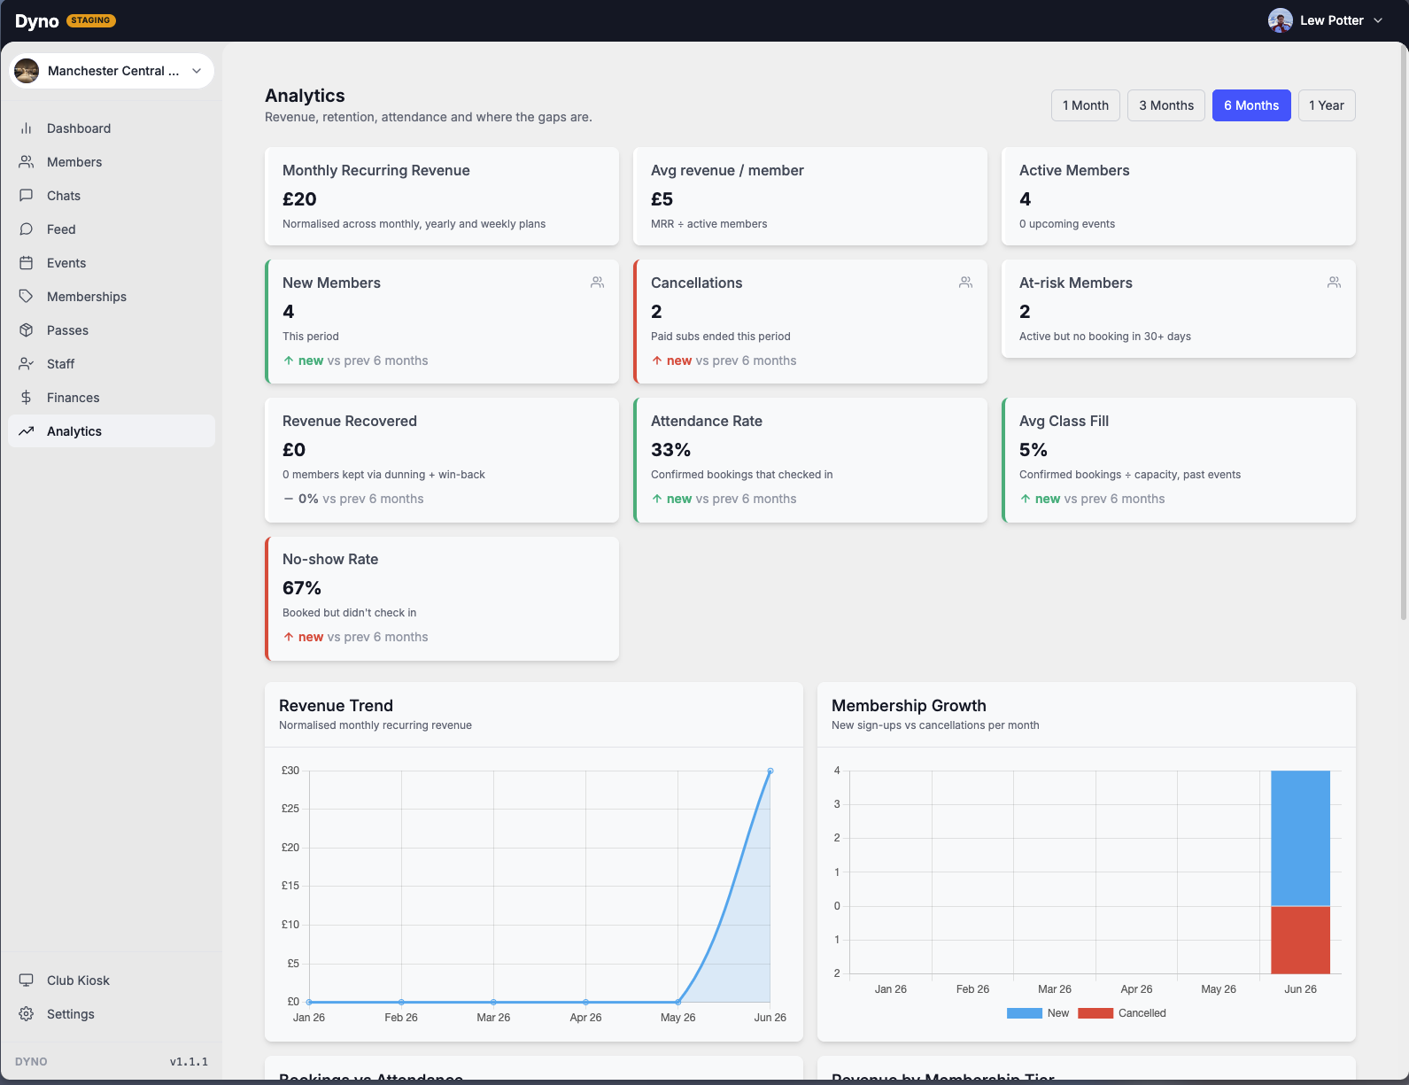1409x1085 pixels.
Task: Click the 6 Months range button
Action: pos(1250,105)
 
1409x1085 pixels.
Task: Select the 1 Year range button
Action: pos(1326,105)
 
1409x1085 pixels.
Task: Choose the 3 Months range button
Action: pos(1165,105)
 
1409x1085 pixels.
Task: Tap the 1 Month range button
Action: pos(1085,105)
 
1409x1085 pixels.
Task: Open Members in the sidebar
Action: pos(74,161)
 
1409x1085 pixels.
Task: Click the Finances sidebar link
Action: pos(73,398)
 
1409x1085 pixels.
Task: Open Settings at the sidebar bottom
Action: pos(70,1013)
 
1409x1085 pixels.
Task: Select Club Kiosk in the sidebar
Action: pos(78,980)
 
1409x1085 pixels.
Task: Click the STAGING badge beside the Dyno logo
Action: pos(91,20)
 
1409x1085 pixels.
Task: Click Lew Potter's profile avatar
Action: pos(1280,20)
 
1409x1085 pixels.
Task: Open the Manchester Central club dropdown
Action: pos(112,71)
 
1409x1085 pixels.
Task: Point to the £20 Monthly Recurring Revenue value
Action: pos(299,199)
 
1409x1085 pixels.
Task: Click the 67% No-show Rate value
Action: pos(301,587)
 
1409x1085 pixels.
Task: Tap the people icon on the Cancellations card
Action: pos(965,283)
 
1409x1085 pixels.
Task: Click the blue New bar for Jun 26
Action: pos(1300,838)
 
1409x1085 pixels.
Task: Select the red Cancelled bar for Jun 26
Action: pos(1300,940)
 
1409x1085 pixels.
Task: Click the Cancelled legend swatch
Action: pos(1095,1013)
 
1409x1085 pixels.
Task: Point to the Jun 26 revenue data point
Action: pos(770,771)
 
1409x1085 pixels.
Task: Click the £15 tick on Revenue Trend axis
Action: pos(290,885)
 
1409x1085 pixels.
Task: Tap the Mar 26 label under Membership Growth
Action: pos(1055,989)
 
